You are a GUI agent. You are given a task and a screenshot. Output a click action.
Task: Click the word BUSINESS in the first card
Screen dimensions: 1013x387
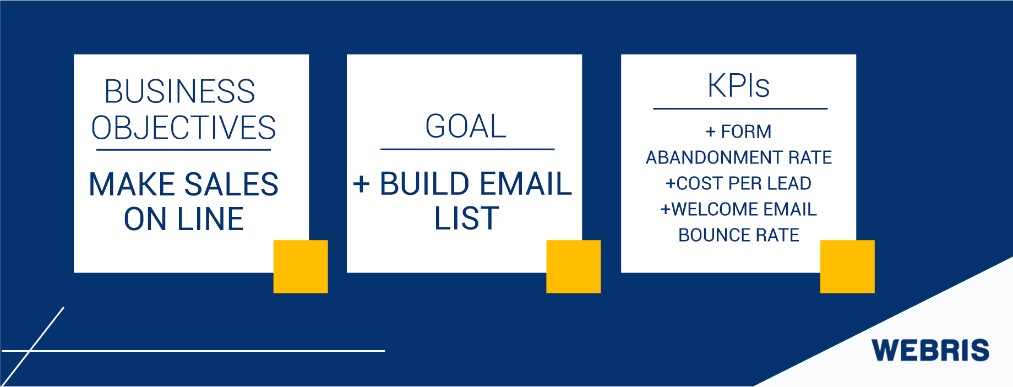(179, 91)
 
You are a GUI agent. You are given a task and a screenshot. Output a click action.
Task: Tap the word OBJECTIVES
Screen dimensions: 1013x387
(183, 128)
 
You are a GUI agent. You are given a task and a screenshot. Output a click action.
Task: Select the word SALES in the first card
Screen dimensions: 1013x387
(231, 184)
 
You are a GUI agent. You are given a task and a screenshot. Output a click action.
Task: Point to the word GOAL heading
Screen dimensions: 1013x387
(466, 126)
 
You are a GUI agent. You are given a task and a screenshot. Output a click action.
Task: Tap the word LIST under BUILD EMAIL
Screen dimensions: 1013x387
(466, 219)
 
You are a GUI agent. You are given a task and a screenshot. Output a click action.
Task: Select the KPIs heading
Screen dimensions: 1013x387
(738, 86)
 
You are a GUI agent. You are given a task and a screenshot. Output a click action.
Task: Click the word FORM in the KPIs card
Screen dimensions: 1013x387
(746, 132)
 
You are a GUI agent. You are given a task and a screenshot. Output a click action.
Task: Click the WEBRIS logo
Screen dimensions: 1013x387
(930, 351)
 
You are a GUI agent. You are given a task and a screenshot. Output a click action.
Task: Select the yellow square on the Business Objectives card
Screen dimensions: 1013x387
(301, 266)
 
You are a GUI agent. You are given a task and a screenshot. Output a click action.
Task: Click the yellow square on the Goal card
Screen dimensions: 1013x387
(573, 266)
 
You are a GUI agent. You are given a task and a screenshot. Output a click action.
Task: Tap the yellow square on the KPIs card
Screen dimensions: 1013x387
(847, 266)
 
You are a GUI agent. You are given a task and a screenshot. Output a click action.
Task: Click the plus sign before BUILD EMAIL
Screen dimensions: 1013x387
(361, 184)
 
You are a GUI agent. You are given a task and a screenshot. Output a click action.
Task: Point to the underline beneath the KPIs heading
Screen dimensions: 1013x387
(740, 108)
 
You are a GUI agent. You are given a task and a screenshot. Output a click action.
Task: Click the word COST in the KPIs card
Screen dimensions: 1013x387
(698, 183)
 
